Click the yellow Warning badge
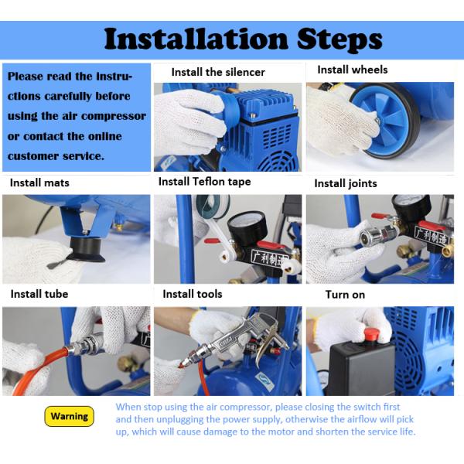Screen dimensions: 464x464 click(70, 416)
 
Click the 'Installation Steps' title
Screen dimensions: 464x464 click(244, 39)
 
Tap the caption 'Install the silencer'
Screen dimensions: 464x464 click(218, 72)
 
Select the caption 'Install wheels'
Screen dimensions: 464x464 click(353, 70)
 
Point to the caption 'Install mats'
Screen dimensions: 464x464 click(39, 183)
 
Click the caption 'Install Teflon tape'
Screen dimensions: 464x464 click(204, 182)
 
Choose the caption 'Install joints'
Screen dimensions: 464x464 click(346, 183)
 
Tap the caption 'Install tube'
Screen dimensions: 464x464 click(39, 294)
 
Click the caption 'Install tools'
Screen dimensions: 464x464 click(193, 294)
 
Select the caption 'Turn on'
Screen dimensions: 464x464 click(345, 295)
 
